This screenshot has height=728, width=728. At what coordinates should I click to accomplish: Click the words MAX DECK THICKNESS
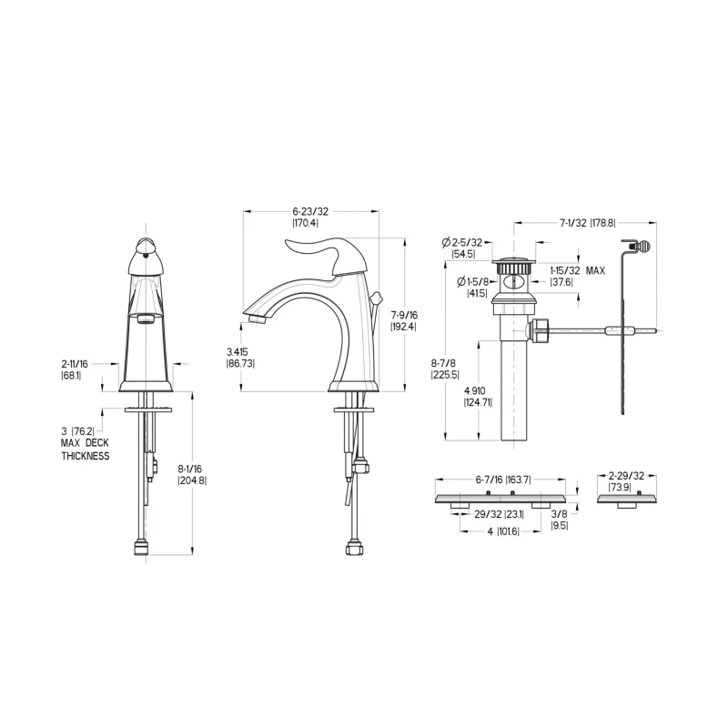coord(86,450)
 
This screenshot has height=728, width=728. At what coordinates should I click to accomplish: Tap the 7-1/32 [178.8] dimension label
coord(587,223)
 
